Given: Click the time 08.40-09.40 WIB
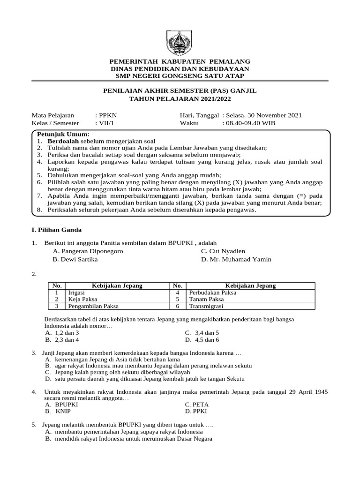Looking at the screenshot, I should click(250, 123).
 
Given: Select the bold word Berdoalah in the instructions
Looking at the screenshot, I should click(63, 141).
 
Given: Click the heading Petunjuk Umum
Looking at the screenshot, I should click(60, 135).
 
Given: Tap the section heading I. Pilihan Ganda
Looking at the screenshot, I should click(56, 230).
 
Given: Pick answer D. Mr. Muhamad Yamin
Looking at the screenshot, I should click(236, 259).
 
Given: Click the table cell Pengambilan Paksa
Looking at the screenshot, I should click(93, 306).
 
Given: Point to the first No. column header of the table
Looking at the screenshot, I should click(57, 285).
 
